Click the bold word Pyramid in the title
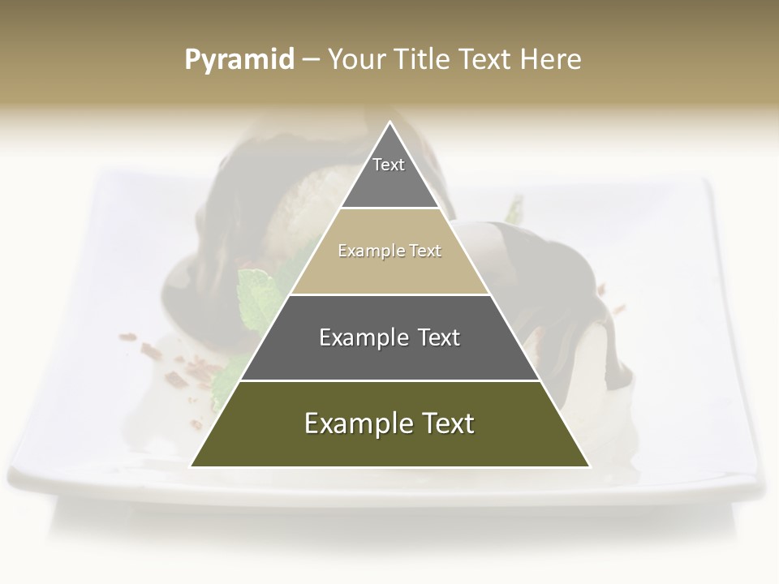pyautogui.click(x=239, y=60)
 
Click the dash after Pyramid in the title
pyautogui.click(x=310, y=60)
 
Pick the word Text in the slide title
pyautogui.click(x=486, y=59)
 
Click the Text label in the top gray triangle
pyautogui.click(x=389, y=165)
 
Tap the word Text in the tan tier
pyautogui.click(x=425, y=251)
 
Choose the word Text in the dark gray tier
pyautogui.click(x=439, y=337)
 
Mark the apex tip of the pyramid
pyautogui.click(x=389, y=122)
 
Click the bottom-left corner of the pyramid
pyautogui.click(x=192, y=466)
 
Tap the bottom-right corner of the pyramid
pyautogui.click(x=588, y=466)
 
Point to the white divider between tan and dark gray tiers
pyautogui.click(x=389, y=294)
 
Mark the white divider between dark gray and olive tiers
pyautogui.click(x=389, y=380)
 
